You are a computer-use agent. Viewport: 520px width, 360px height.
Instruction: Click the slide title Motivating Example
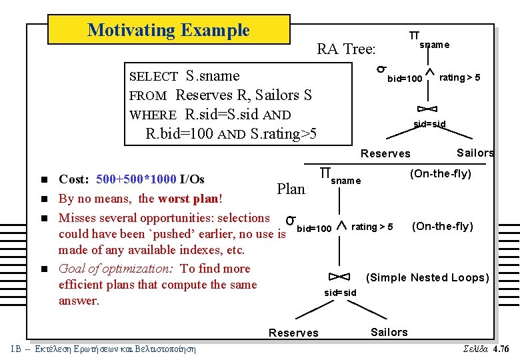168,30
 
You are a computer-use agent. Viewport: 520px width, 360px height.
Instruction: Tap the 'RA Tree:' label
346,49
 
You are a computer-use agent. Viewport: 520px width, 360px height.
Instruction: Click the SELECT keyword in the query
153,77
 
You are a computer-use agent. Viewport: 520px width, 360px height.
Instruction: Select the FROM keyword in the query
151,96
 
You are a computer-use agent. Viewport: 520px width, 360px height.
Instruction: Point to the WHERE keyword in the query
153,115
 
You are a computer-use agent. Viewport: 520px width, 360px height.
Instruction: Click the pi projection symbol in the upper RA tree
414,35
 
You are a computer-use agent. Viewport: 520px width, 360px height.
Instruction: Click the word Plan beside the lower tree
291,189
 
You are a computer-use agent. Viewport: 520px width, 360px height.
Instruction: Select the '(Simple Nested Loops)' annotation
428,278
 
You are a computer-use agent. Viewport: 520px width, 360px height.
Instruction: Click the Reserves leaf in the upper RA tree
385,154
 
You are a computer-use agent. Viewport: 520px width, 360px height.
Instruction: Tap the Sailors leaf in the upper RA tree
475,153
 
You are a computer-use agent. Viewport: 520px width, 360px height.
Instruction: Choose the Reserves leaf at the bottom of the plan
293,333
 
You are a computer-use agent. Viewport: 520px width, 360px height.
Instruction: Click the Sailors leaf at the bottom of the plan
389,332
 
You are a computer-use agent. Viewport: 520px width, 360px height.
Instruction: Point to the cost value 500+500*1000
136,179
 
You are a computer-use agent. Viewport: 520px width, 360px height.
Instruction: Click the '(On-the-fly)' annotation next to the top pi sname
440,174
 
